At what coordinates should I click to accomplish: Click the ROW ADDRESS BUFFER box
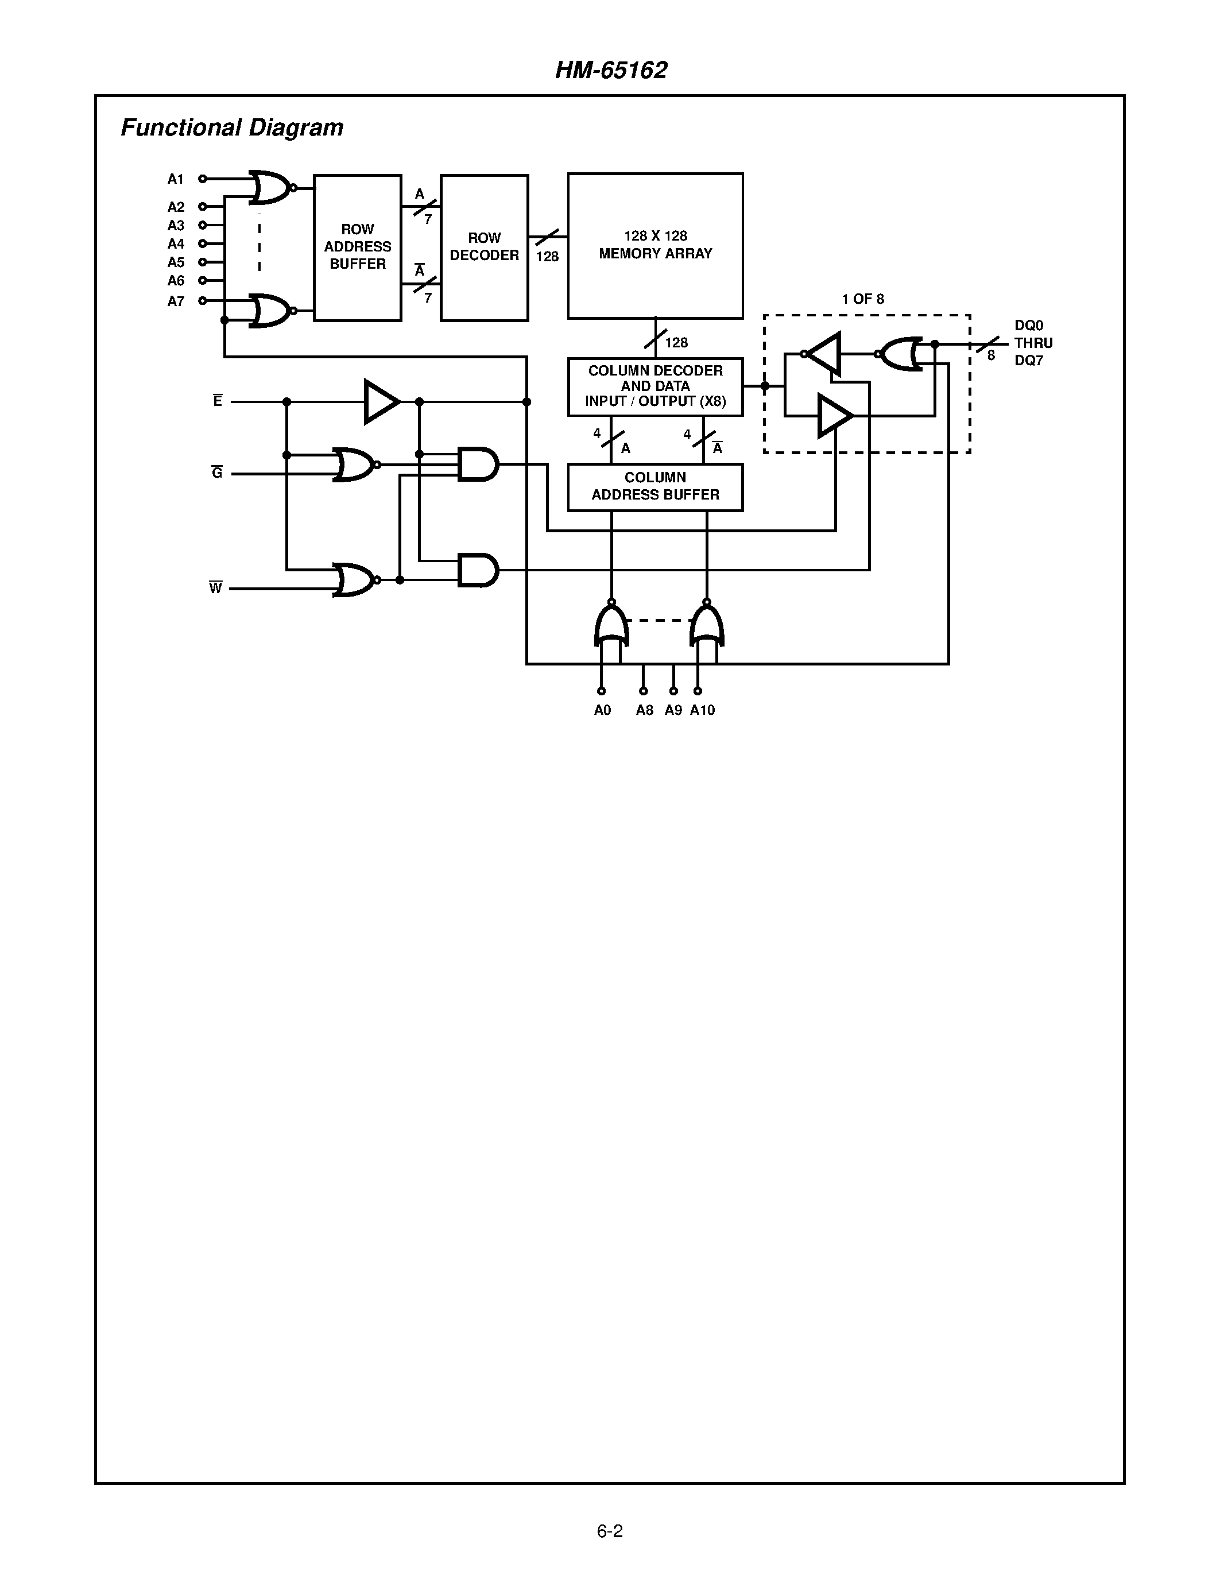(x=357, y=247)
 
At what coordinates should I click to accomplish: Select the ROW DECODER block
(x=484, y=247)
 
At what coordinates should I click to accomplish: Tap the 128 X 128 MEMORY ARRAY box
(x=655, y=245)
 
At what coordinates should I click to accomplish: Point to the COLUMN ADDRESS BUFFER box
(x=655, y=486)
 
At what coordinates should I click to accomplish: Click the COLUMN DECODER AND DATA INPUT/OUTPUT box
(x=655, y=386)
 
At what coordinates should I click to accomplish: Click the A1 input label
(x=176, y=179)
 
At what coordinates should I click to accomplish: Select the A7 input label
(x=176, y=301)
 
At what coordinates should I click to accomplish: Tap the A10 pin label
(x=702, y=710)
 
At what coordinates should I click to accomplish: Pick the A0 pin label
(x=602, y=710)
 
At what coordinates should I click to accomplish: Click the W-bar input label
(x=215, y=588)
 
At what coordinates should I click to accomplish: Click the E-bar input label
(x=218, y=401)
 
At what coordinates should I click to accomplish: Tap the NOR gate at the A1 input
(x=269, y=188)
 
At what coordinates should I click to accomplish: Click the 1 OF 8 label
(x=862, y=299)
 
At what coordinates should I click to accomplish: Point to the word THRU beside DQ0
(x=1033, y=343)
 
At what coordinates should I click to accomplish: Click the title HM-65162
(x=611, y=70)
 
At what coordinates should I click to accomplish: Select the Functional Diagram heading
(x=231, y=128)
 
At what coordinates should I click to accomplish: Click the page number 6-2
(x=609, y=1531)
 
